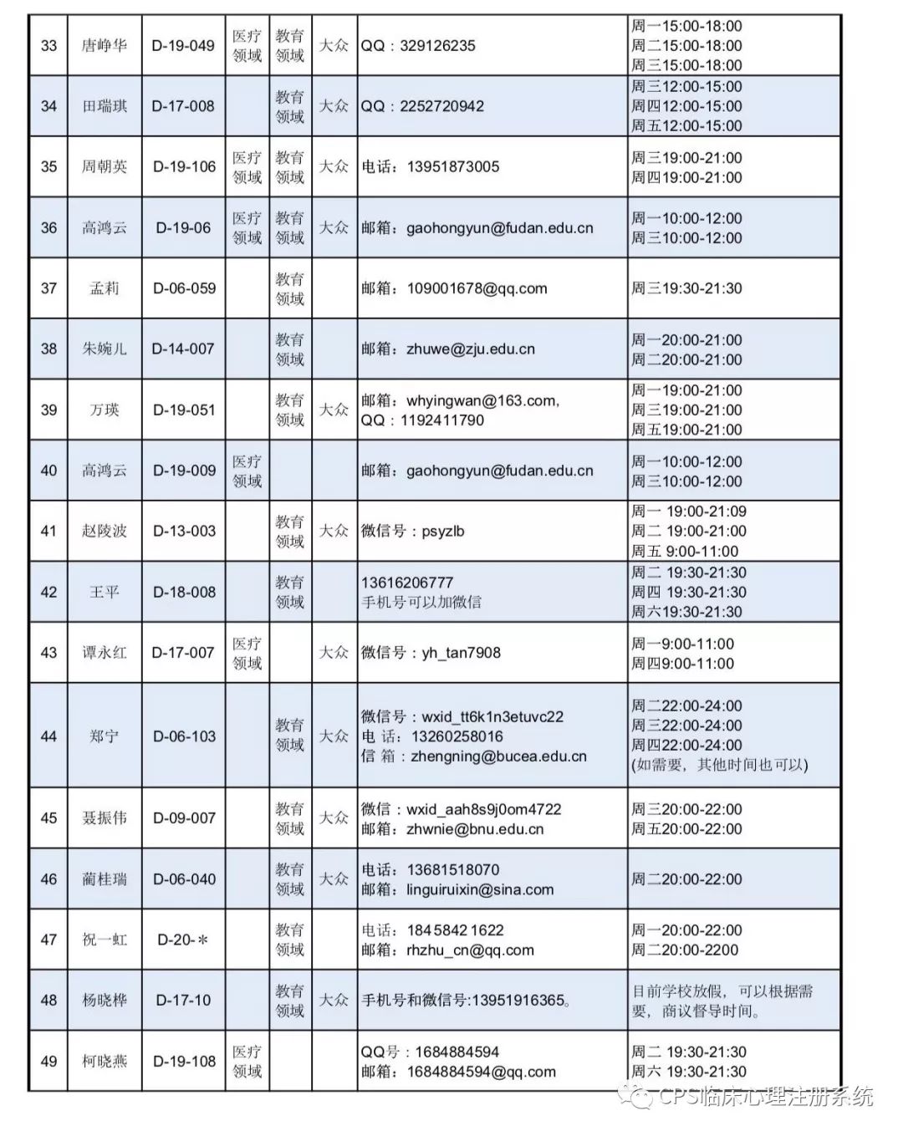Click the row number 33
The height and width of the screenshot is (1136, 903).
pos(48,45)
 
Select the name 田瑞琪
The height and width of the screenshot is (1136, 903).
pos(105,106)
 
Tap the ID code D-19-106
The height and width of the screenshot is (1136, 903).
pos(184,166)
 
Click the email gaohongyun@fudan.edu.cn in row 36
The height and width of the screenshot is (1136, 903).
pos(500,227)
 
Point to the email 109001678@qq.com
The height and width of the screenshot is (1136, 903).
pos(477,288)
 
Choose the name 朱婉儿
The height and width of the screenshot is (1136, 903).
pos(105,349)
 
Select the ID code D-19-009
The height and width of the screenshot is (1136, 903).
pos(184,471)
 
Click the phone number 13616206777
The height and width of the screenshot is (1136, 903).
pos(407,582)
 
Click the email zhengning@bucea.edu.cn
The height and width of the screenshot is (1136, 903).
pos(498,756)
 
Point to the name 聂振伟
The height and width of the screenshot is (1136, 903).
pos(105,818)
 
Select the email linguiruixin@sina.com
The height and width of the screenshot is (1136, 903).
pos(480,889)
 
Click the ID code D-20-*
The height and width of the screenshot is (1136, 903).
pos(184,940)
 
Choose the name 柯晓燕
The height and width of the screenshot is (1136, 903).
pos(105,1061)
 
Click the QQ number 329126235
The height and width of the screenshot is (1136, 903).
pos(437,45)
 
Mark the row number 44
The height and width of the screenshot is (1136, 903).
pos(48,736)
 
